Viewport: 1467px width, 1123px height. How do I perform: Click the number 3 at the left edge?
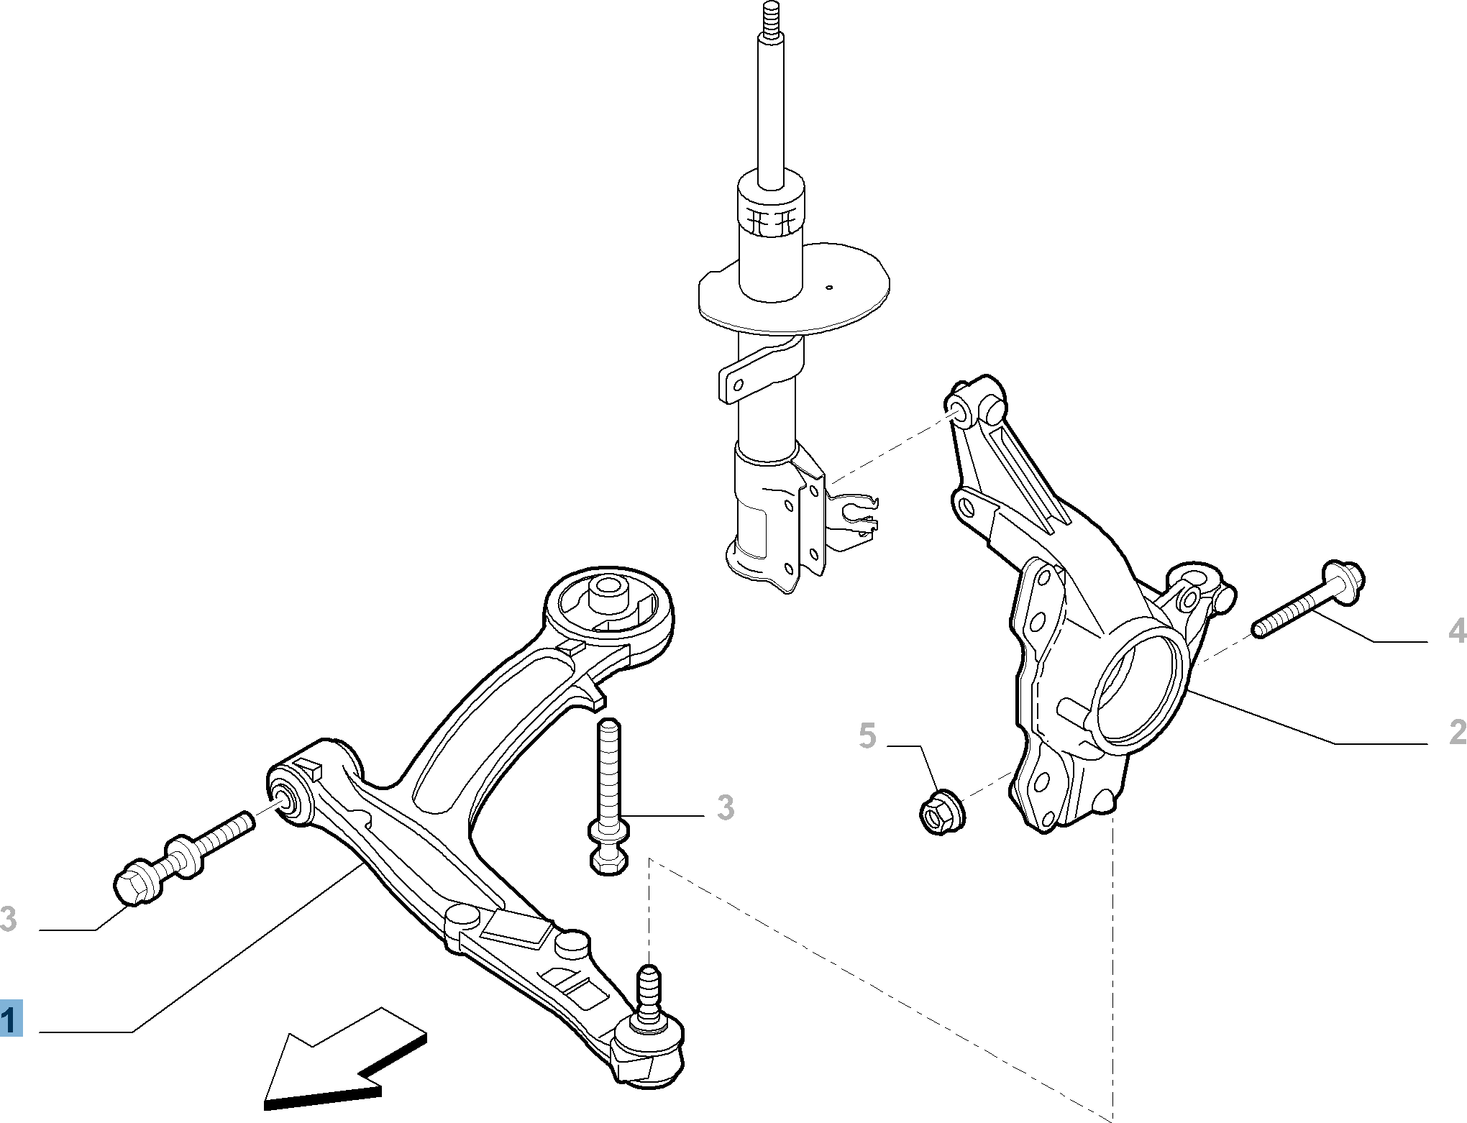[x=8, y=919]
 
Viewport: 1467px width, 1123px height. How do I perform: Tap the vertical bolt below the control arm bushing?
[x=608, y=791]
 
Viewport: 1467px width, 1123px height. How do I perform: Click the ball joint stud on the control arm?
[x=649, y=989]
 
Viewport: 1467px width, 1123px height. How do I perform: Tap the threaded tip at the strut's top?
[x=768, y=22]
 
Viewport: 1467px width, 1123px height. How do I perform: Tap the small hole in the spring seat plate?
[x=829, y=288]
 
